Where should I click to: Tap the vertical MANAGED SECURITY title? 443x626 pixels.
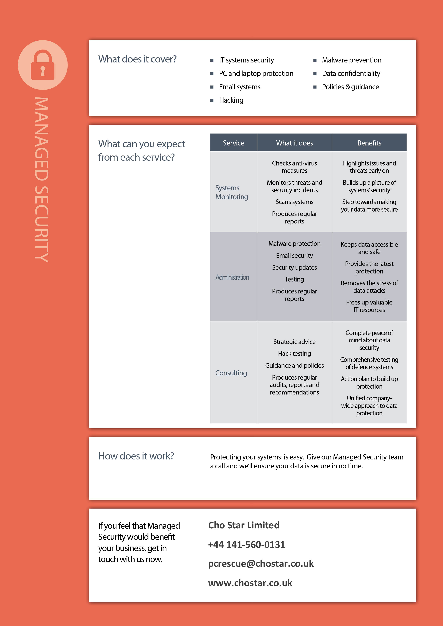[42, 180]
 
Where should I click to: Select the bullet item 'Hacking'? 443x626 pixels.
[231, 100]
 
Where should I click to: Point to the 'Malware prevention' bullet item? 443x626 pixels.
[351, 60]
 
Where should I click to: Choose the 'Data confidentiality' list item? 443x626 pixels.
[351, 73]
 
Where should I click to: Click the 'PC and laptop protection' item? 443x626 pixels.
[256, 73]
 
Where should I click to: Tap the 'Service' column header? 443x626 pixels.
[233, 143]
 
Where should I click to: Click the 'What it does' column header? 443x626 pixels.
[294, 143]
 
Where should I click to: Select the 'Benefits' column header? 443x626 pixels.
[369, 143]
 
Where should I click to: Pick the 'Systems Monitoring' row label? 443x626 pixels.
[232, 192]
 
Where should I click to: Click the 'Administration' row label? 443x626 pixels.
[232, 277]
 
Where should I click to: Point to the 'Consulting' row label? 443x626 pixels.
[231, 373]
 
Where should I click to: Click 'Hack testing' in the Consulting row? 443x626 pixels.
[294, 354]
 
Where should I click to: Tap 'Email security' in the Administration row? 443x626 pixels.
[294, 255]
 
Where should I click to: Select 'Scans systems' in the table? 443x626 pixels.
[294, 202]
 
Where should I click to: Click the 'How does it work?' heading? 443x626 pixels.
[136, 456]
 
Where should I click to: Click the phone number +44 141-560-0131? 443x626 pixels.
[246, 544]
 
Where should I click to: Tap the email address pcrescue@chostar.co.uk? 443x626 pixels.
[261, 564]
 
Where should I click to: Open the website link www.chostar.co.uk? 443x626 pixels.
[250, 583]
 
